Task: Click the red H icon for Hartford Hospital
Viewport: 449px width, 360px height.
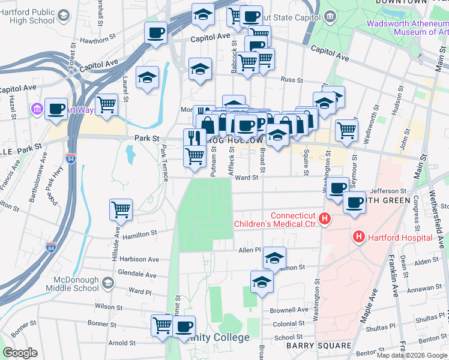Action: point(360,237)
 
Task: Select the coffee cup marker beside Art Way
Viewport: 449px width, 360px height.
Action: point(56,109)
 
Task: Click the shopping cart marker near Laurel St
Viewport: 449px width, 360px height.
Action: point(106,104)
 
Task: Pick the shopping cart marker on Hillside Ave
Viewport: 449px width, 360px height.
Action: point(121,209)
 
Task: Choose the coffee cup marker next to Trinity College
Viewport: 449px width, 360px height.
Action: point(184,326)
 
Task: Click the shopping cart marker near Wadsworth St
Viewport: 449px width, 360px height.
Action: point(346,129)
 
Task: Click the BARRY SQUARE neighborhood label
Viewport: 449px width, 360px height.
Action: point(318,346)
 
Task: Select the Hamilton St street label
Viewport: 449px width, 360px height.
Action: point(139,235)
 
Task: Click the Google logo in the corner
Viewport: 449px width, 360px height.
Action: point(20,353)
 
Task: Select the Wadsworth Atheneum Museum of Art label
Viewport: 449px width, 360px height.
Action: point(408,28)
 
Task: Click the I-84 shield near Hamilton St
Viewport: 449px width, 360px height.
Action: point(51,247)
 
